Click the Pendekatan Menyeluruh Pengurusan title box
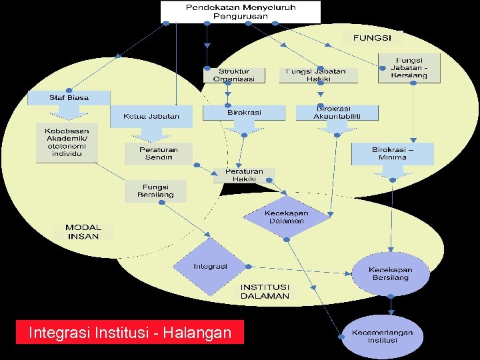(241, 11)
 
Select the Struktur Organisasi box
(234, 75)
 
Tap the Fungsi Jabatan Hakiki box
(319, 75)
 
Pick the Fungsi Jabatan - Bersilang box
(409, 68)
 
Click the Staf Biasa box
(69, 97)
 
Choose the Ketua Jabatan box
(151, 116)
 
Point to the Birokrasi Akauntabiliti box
(337, 112)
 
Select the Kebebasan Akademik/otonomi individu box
(67, 142)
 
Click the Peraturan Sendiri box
(158, 154)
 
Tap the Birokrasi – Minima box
(393, 154)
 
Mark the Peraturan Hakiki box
(244, 175)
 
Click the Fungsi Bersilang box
(155, 191)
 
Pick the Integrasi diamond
(211, 267)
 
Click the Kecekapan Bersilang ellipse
(391, 273)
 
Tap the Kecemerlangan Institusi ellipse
(383, 336)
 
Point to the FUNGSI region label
(372, 38)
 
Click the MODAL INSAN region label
(83, 232)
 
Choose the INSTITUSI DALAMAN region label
(265, 291)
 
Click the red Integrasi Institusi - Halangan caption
(130, 332)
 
